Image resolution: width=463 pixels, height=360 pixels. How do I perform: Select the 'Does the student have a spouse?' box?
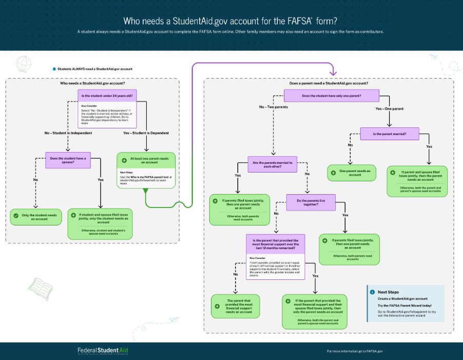point(68,159)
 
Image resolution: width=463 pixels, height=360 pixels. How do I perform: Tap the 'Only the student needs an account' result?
point(35,216)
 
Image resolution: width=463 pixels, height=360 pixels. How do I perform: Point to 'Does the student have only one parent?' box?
point(332,96)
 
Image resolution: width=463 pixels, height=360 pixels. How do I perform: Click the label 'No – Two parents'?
point(273,107)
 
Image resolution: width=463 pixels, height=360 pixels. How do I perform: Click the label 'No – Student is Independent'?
point(68,133)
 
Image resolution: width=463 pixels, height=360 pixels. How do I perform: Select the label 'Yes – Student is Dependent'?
point(146,133)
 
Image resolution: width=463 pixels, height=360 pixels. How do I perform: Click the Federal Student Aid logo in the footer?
point(103,351)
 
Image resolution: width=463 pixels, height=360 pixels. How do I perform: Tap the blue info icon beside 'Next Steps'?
point(372,292)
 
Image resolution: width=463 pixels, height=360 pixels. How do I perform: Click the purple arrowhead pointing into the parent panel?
point(333,72)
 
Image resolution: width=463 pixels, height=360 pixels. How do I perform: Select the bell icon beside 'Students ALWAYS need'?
point(54,68)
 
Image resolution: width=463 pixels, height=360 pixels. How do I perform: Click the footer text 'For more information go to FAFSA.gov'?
point(355,351)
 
